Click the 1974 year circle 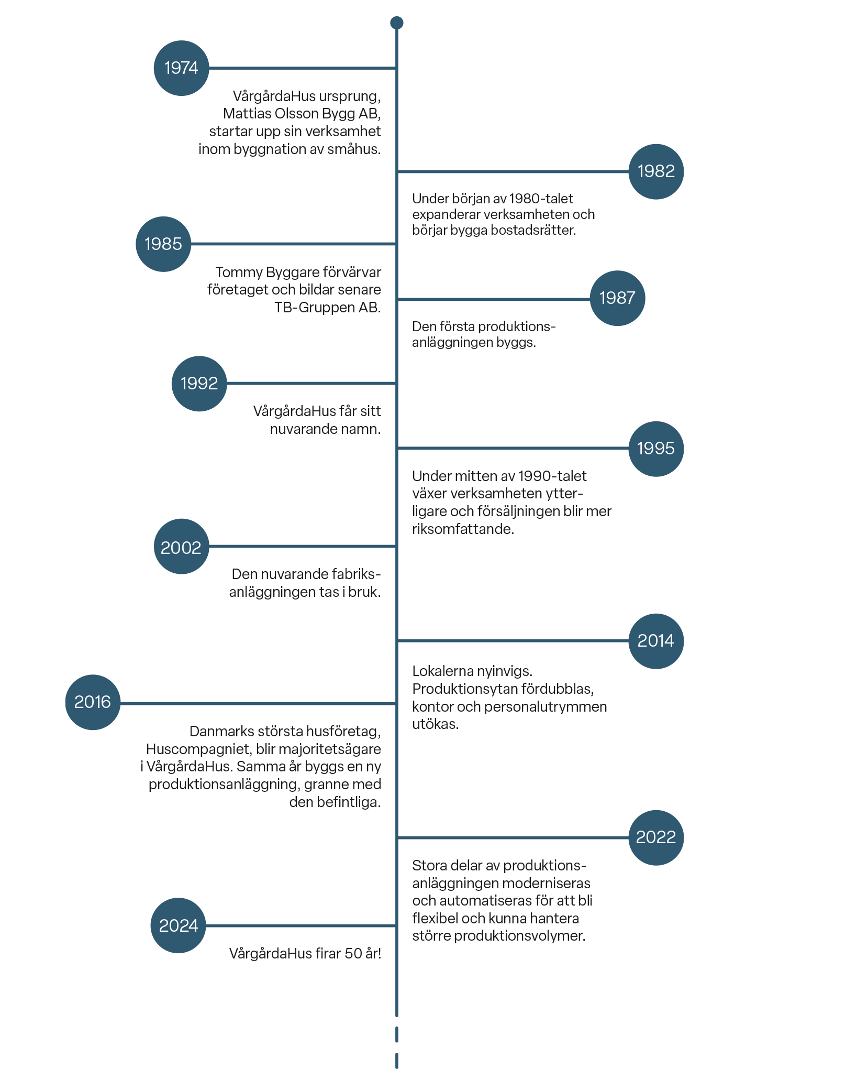point(181,68)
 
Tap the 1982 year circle point(656,171)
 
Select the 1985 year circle point(163,244)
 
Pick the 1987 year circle point(617,298)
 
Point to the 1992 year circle point(199,384)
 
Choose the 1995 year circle point(656,449)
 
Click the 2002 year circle point(181,547)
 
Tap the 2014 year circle point(656,641)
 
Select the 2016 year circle point(93,702)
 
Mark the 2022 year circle point(656,837)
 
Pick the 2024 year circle point(178,925)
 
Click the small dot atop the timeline point(397,23)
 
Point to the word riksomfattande point(462,529)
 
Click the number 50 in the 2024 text point(353,954)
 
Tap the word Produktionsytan point(458,689)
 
